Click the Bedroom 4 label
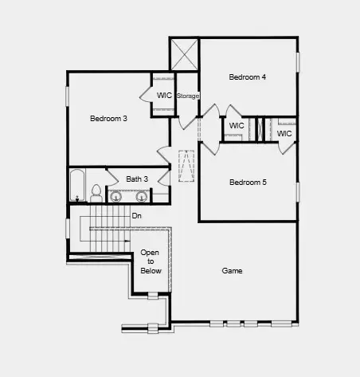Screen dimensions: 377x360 [248, 77]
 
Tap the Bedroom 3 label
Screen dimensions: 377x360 [108, 119]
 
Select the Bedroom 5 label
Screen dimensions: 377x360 [248, 183]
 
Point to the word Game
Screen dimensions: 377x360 [232, 271]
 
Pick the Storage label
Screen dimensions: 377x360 [188, 96]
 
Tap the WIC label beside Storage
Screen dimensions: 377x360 [164, 96]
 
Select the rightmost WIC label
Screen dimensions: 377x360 [284, 133]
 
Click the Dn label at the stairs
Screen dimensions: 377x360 [137, 215]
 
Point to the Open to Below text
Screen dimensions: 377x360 [151, 261]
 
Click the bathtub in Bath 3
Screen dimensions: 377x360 [76, 186]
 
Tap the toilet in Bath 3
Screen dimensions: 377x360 [96, 193]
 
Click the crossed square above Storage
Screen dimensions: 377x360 [184, 54]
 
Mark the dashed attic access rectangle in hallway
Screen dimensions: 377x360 [186, 165]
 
